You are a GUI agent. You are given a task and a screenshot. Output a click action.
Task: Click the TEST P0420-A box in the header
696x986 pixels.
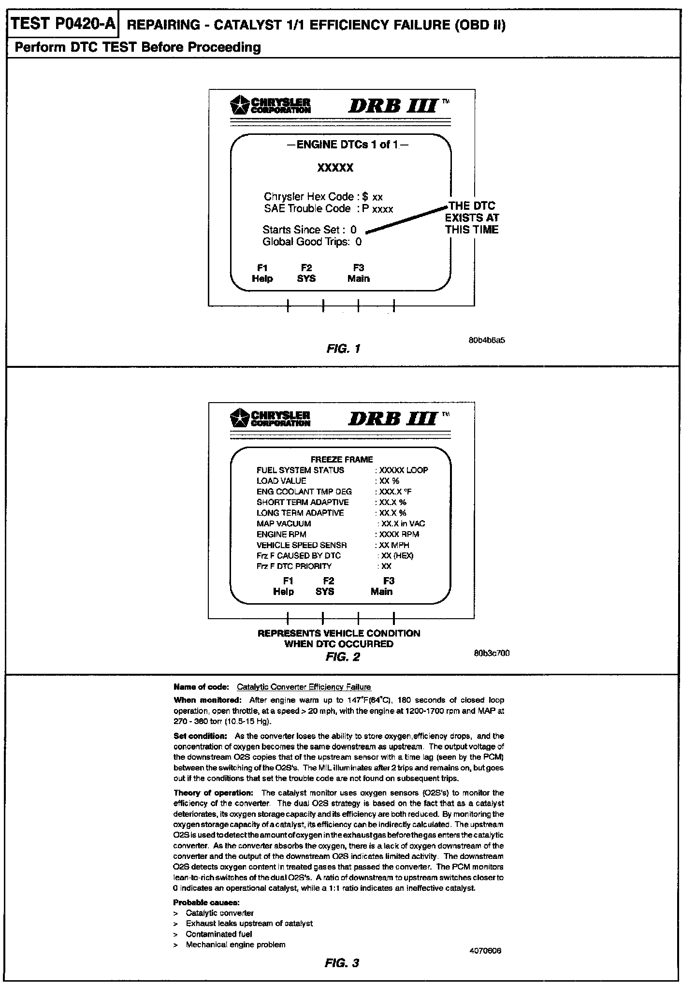click(63, 24)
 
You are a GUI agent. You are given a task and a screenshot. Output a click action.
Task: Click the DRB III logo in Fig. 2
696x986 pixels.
click(393, 418)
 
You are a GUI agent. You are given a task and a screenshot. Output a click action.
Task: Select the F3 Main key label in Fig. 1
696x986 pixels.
click(359, 274)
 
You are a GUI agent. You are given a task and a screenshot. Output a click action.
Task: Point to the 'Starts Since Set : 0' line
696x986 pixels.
click(309, 230)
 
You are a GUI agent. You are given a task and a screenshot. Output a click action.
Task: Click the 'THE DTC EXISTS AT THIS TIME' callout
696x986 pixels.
click(472, 218)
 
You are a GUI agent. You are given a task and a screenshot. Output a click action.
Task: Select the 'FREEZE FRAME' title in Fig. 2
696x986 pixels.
click(342, 459)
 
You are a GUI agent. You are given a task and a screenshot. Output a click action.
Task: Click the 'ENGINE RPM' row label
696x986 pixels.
click(281, 534)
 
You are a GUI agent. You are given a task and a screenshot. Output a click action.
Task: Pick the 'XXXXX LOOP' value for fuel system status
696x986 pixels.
click(403, 470)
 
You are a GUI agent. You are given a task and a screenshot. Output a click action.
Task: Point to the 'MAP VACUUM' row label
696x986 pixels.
click(284, 523)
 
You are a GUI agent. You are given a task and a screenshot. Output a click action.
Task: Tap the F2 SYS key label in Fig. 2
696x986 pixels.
click(325, 586)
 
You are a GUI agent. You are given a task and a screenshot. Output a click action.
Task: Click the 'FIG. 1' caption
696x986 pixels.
click(343, 348)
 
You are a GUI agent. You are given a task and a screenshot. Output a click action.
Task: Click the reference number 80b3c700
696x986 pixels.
click(492, 653)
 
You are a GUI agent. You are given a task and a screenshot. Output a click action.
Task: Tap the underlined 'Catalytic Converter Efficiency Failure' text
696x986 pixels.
click(304, 687)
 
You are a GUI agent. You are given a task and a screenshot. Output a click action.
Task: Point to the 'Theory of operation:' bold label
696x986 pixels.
click(213, 793)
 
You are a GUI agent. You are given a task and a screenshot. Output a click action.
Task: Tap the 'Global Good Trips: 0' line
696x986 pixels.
click(312, 242)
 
